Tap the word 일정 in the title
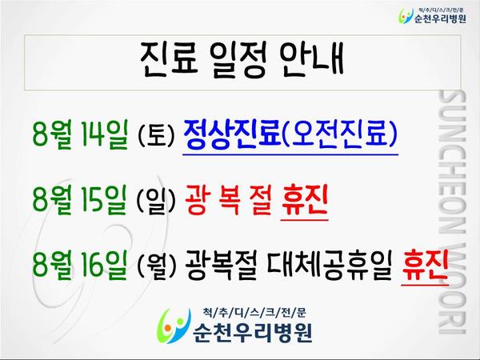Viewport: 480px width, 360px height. tap(238, 59)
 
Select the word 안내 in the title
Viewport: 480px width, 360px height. tap(311, 58)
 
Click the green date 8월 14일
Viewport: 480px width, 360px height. tap(79, 134)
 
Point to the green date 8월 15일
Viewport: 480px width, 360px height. tap(79, 199)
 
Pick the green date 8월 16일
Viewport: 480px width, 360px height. tap(79, 265)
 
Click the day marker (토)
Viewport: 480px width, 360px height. tap(156, 135)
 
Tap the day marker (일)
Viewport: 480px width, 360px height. tap(156, 201)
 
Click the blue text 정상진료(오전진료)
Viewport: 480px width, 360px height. tap(290, 134)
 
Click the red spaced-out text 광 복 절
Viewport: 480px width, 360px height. tap(228, 201)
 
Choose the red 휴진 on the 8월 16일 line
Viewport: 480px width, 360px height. tap(425, 266)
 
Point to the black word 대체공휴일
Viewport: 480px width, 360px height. tap(330, 266)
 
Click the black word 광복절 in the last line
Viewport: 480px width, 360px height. tap(221, 266)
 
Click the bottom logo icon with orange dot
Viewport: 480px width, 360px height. tap(173, 326)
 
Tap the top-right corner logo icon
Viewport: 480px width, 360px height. tap(406, 15)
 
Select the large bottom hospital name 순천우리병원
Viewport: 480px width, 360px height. tap(253, 332)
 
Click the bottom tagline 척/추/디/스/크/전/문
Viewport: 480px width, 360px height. tap(254, 312)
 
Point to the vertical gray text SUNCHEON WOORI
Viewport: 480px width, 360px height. tap(453, 212)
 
